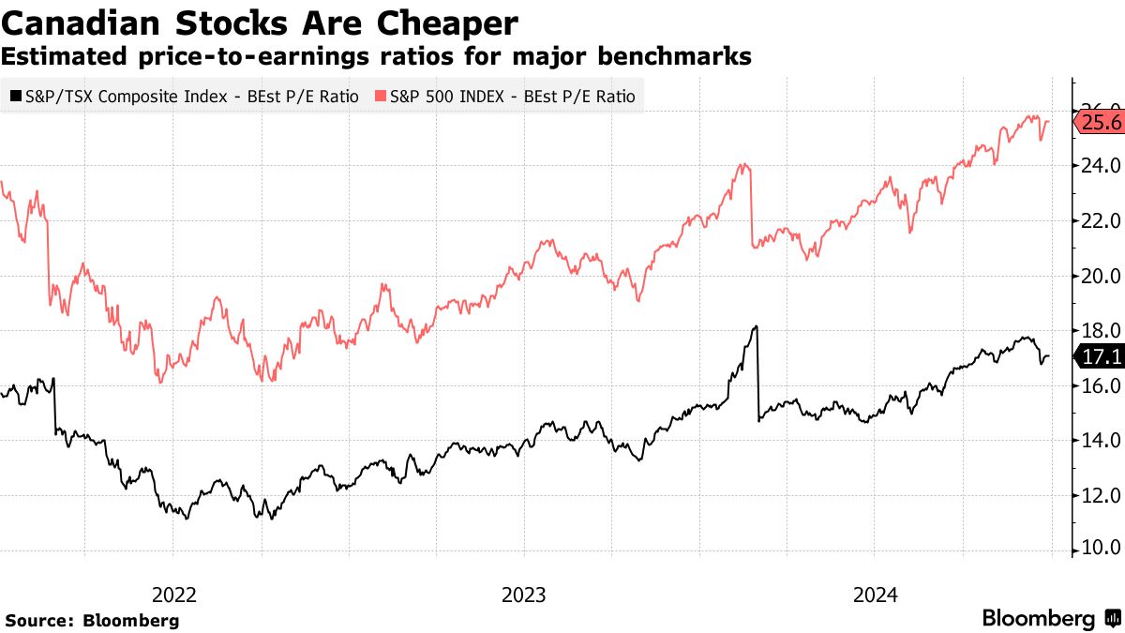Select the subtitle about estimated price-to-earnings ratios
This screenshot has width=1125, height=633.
376,56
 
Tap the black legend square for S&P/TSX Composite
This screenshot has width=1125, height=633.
15,97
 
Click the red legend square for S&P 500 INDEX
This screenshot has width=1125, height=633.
380,97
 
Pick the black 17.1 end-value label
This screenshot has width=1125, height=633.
1101,357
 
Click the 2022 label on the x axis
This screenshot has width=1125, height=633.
173,595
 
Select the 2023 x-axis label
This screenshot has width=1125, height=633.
524,595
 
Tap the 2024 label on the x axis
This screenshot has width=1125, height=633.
874,595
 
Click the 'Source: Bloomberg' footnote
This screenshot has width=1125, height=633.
92,621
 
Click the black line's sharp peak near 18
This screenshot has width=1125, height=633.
755,326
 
